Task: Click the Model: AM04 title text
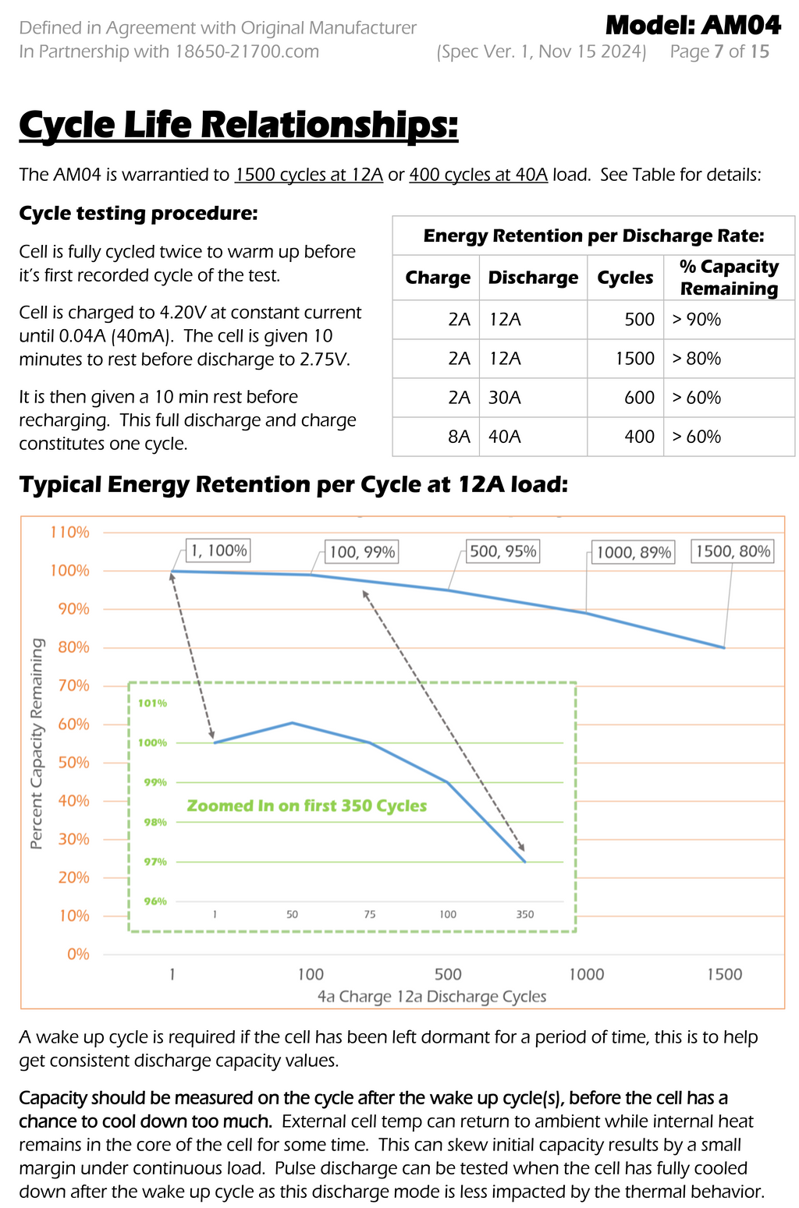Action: pyautogui.click(x=693, y=26)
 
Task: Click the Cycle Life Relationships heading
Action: pyautogui.click(x=238, y=125)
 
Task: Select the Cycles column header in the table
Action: pyautogui.click(x=625, y=278)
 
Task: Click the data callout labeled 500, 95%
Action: pyautogui.click(x=503, y=551)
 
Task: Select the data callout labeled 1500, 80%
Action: pyautogui.click(x=733, y=551)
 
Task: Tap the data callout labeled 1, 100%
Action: pyautogui.click(x=218, y=551)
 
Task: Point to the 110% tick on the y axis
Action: pyautogui.click(x=70, y=533)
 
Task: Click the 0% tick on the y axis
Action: pyautogui.click(x=78, y=955)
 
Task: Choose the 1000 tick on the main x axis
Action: pyautogui.click(x=586, y=974)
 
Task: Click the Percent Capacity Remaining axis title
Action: pyautogui.click(x=37, y=743)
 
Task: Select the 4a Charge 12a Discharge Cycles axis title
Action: pyautogui.click(x=431, y=997)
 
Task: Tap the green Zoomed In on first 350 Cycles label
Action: pyautogui.click(x=307, y=806)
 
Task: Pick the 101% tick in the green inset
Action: pyautogui.click(x=152, y=703)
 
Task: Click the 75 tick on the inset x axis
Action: pyautogui.click(x=369, y=914)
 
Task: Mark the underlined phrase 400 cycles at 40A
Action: pyautogui.click(x=478, y=175)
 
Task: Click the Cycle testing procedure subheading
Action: pyautogui.click(x=138, y=214)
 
